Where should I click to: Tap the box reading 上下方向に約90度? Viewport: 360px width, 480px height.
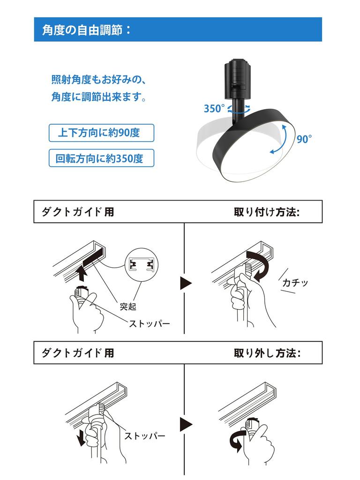tap(101, 133)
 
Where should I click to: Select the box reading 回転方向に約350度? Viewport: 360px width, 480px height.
tap(101, 158)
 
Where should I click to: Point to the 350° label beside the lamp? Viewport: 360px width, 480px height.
tap(214, 108)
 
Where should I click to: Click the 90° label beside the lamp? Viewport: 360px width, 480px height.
tap(304, 139)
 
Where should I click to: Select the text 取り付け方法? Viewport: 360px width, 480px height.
tap(267, 212)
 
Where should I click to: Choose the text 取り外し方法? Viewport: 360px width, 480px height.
tap(267, 353)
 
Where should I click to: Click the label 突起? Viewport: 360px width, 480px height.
tap(128, 306)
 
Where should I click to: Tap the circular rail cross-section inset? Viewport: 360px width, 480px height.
tap(142, 264)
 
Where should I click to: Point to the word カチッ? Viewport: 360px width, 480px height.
tap(295, 282)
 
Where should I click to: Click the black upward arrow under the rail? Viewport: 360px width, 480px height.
tap(82, 273)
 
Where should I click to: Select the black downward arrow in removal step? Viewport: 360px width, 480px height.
tap(82, 437)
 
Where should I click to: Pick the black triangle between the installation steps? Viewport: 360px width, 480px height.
tap(186, 283)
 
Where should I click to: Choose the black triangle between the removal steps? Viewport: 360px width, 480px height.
tap(186, 424)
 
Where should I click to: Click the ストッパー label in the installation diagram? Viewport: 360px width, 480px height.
tap(149, 323)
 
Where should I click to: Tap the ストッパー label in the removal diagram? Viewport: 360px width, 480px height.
tap(145, 435)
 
